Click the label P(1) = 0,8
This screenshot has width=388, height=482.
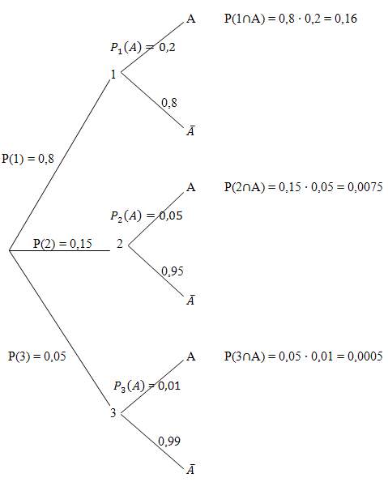pyautogui.click(x=28, y=159)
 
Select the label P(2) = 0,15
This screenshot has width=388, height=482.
pyautogui.click(x=62, y=244)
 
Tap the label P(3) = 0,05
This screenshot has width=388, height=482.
pyautogui.click(x=37, y=356)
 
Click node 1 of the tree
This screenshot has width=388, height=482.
pyautogui.click(x=113, y=74)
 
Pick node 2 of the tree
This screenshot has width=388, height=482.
pyautogui.click(x=120, y=244)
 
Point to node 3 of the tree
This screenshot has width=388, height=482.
pyautogui.click(x=113, y=412)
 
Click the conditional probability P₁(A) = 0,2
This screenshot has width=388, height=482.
pyautogui.click(x=143, y=47)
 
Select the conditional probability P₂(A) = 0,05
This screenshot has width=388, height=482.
pyautogui.click(x=147, y=215)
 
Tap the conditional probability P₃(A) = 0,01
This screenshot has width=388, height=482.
pyautogui.click(x=147, y=386)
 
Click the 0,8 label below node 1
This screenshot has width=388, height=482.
pyautogui.click(x=169, y=103)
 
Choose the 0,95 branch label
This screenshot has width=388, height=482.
pyautogui.click(x=173, y=271)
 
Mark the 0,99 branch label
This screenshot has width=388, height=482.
pyautogui.click(x=169, y=441)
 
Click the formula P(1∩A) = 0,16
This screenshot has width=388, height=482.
pyautogui.click(x=291, y=19)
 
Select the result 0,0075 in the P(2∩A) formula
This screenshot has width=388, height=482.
pyautogui.click(x=365, y=187)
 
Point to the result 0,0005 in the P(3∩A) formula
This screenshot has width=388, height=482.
pyautogui.click(x=365, y=356)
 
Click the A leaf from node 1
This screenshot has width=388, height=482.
pyautogui.click(x=191, y=19)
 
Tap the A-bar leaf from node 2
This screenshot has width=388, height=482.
pyautogui.click(x=190, y=300)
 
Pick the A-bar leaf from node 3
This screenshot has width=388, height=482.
pyautogui.click(x=190, y=469)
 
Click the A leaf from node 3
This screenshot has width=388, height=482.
pyautogui.click(x=191, y=356)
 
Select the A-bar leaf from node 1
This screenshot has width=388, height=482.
pyautogui.click(x=190, y=130)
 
